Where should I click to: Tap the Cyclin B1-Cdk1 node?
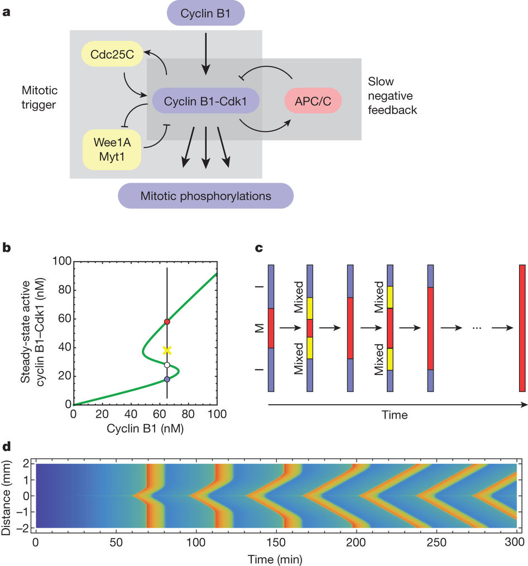pos(207,101)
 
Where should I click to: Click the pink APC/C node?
pos(313,101)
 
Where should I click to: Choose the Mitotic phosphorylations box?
pos(206,196)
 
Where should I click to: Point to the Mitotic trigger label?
pos(39,97)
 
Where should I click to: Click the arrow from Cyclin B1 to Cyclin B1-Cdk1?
pos(206,53)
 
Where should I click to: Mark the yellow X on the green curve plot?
pos(167,351)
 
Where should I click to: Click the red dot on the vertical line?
pos(167,322)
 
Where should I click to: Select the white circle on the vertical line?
pos(167,365)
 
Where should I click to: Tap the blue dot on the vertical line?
pos(167,379)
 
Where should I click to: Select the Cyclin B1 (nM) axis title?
pos(145,429)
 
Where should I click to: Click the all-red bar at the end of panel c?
pos(522,328)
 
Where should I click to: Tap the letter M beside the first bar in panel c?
pos(257,328)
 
